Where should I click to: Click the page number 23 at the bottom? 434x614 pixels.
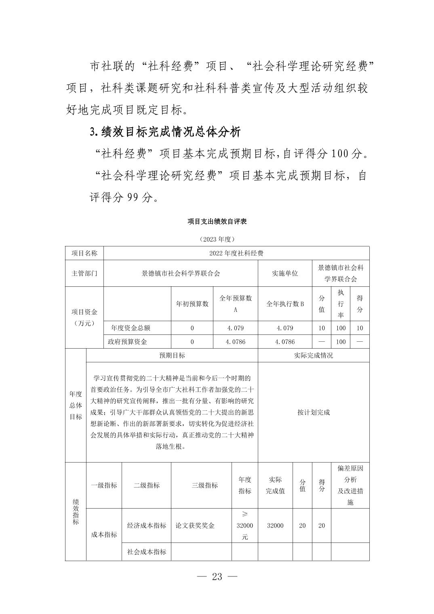(x=217, y=576)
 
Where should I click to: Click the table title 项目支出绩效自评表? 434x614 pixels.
(x=217, y=221)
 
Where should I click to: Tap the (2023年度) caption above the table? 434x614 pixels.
(x=217, y=239)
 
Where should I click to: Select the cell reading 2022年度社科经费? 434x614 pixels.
(x=236, y=253)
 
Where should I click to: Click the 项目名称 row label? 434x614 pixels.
(x=84, y=253)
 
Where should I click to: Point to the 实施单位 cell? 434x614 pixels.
(x=285, y=273)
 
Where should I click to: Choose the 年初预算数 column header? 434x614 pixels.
(x=192, y=304)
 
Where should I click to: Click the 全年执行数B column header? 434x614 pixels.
(x=285, y=304)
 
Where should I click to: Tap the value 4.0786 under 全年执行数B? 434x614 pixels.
(x=285, y=342)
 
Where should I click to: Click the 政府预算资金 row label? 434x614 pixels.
(x=127, y=342)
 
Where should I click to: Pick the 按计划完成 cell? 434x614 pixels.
(x=314, y=412)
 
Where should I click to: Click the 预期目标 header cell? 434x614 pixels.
(x=172, y=355)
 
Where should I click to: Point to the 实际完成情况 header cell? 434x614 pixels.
(x=314, y=355)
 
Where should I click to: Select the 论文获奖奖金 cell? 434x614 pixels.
(x=195, y=526)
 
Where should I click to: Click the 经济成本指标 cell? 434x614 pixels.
(x=147, y=526)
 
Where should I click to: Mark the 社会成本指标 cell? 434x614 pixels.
(x=147, y=552)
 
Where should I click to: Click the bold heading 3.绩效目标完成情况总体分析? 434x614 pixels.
(x=165, y=132)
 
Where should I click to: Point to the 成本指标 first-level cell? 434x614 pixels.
(x=104, y=534)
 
